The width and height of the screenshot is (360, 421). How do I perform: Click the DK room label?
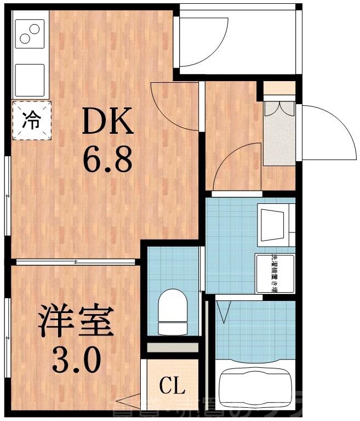coord(107,122)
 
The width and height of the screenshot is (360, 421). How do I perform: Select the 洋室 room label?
coord(75,323)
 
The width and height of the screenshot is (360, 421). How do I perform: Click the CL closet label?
coord(172,386)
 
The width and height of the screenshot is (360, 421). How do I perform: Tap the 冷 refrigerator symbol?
coord(31,122)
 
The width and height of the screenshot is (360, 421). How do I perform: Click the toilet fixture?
coord(172,311)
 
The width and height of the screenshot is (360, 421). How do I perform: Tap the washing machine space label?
coord(275,274)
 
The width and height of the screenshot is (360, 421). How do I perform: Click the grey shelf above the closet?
coord(173,348)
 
